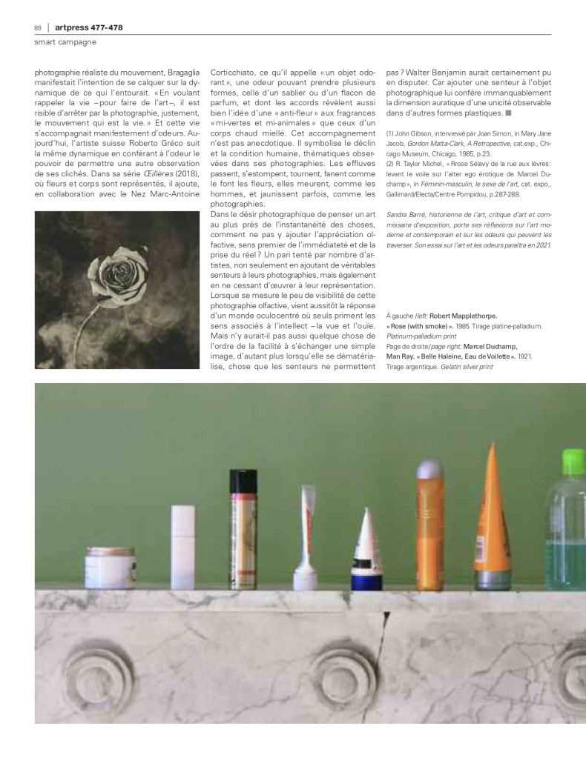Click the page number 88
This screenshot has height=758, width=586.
click(37, 27)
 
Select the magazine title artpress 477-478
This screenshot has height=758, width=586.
click(89, 27)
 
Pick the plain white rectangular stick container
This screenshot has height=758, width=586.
click(182, 545)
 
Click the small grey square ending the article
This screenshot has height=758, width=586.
click(507, 114)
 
